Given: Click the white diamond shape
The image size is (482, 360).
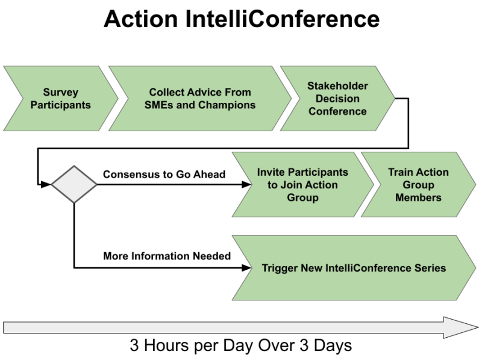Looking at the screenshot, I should pyautogui.click(x=74, y=184).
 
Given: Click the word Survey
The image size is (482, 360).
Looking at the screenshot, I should pyautogui.click(x=60, y=93).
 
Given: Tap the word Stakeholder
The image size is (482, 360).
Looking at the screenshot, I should pyautogui.click(x=337, y=86).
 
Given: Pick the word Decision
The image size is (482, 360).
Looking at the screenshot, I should pyautogui.click(x=337, y=99).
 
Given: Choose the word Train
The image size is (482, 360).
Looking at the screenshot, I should pyautogui.click(x=400, y=172).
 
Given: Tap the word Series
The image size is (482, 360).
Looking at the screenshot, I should pyautogui.click(x=431, y=268).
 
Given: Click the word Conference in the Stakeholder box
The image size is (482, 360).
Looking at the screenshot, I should pyautogui.click(x=337, y=111).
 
